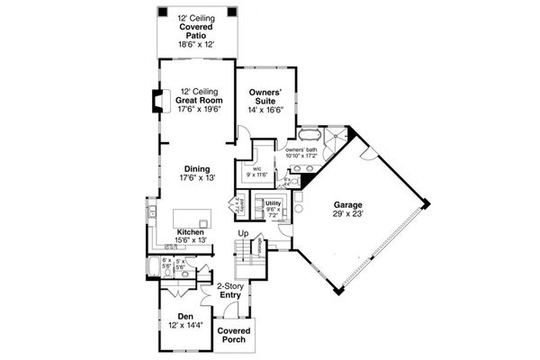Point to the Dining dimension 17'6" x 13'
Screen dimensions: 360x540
[x=197, y=179]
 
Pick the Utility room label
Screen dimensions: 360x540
[x=273, y=204]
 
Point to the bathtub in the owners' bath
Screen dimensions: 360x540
[x=310, y=137]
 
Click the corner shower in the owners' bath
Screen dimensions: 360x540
[x=335, y=137]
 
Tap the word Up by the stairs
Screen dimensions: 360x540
[x=242, y=234]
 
